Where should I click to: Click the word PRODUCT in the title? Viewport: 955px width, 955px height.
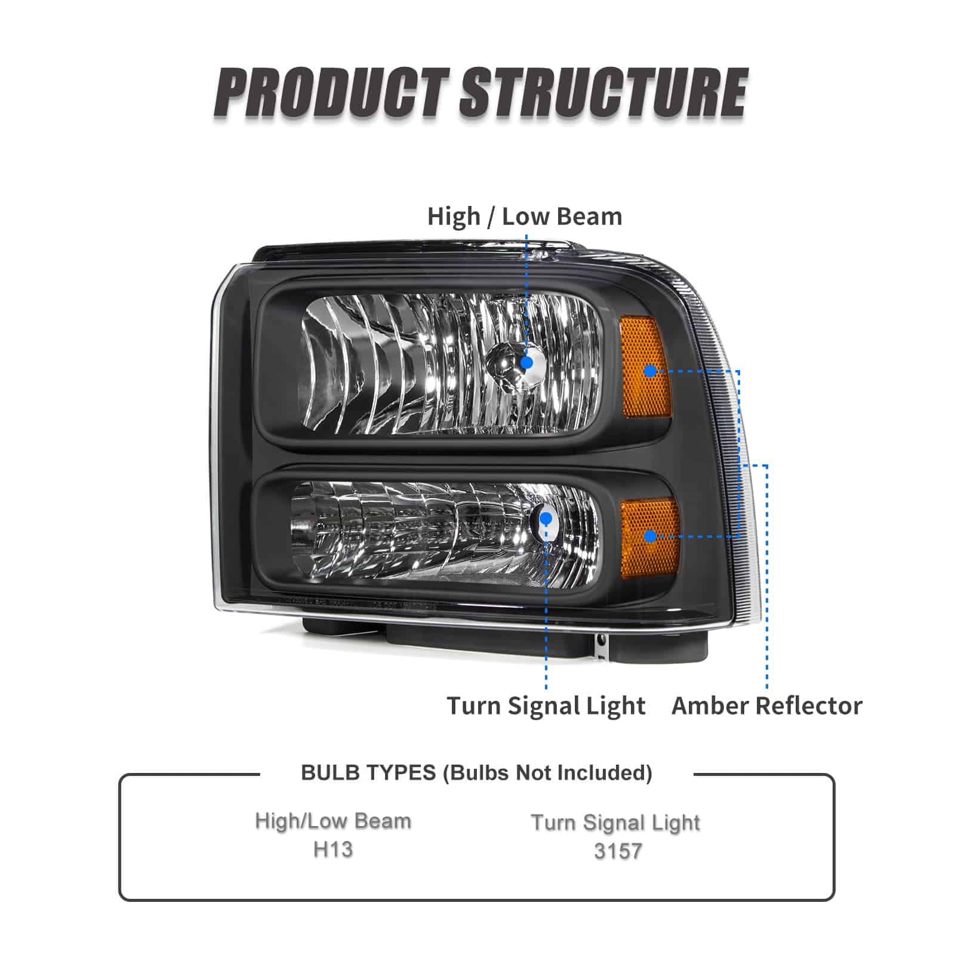[x=332, y=94]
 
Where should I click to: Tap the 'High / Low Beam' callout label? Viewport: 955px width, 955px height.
[x=525, y=216]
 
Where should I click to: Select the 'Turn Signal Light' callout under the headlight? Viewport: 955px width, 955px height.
[x=546, y=706]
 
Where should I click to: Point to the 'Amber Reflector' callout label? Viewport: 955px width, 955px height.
[x=767, y=706]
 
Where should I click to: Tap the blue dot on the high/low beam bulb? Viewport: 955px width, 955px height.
[x=526, y=362]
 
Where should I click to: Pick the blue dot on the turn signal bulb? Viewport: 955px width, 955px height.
[x=546, y=518]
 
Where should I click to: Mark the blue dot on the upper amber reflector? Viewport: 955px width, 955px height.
[x=651, y=371]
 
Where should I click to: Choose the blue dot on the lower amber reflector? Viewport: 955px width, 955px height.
[x=651, y=535]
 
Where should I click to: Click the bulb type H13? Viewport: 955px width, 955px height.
[x=333, y=849]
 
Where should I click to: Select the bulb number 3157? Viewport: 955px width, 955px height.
[x=618, y=851]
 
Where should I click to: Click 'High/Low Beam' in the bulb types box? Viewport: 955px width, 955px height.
[x=333, y=821]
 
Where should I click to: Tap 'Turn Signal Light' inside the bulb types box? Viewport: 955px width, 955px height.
[x=615, y=822]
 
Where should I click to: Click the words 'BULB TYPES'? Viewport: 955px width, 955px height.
[x=368, y=772]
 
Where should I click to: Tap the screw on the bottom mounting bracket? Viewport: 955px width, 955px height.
[x=601, y=640]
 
